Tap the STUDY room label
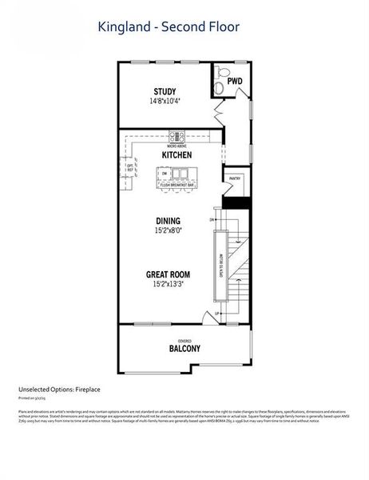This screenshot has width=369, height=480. click(164, 91)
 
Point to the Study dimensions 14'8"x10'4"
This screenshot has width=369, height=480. click(164, 102)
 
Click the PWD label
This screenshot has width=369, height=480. click(234, 82)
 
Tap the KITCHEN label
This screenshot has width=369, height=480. click(176, 154)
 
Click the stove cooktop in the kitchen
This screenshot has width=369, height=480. click(176, 136)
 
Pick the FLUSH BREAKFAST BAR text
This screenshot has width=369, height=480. click(177, 185)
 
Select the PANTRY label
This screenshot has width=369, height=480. click(235, 178)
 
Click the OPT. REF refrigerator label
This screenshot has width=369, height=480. click(129, 167)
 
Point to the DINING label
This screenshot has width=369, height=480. click(168, 221)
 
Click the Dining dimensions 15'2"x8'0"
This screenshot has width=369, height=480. click(168, 230)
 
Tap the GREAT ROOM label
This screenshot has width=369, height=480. click(167, 274)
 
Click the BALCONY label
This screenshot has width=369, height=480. click(184, 349)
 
